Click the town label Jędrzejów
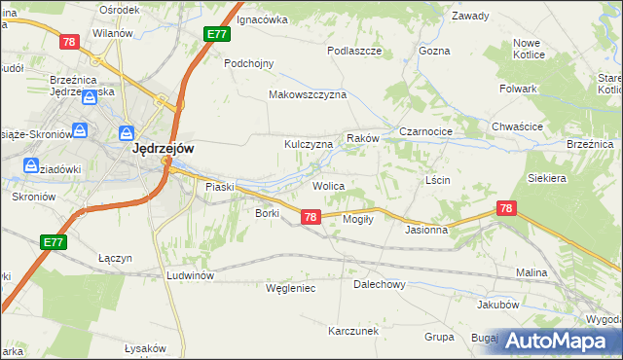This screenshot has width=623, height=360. coord(163,149)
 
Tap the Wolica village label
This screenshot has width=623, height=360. coord(328,185)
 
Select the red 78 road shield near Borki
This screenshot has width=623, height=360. coord(310,217)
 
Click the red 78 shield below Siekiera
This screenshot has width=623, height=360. coord(505,208)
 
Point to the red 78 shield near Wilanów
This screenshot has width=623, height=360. coord(68,42)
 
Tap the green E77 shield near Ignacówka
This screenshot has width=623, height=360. coord(217,34)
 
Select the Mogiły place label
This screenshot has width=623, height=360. coord(359,219)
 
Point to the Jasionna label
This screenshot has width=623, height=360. coord(426,231)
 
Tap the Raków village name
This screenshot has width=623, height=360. coord(361,139)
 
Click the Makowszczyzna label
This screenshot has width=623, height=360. coord(308,95)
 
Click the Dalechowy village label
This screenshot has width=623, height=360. coord(379,285)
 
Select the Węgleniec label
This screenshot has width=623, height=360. coord(291,288)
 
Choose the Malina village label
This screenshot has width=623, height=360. coord(531,273)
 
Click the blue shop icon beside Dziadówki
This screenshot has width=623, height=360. coord(29,166)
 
